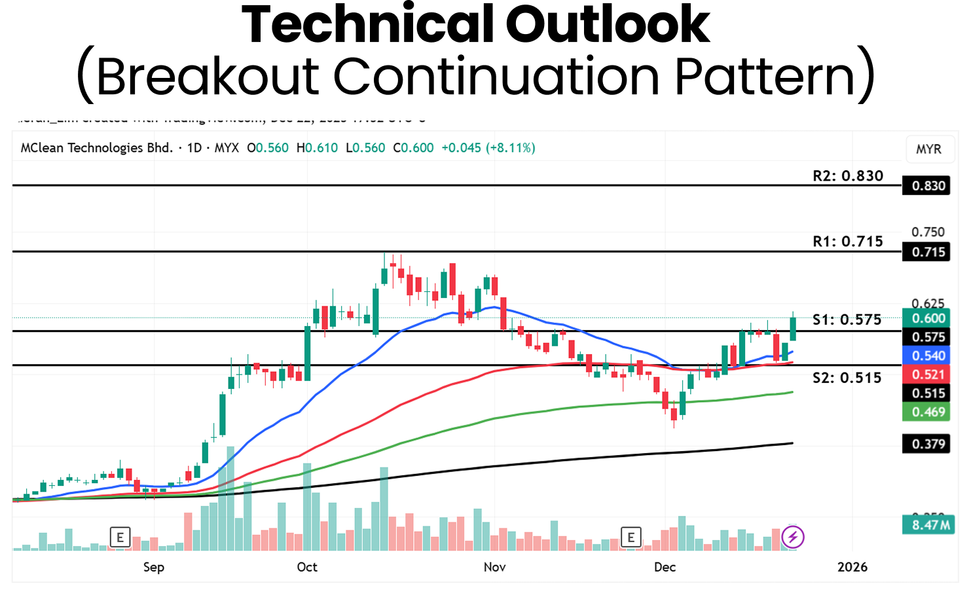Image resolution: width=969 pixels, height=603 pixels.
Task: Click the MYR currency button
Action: tap(928, 149)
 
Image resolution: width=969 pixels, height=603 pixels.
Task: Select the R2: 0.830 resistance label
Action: tap(848, 175)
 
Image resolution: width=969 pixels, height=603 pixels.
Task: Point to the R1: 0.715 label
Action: tap(848, 241)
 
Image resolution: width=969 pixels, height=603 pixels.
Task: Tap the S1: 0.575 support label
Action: tap(847, 320)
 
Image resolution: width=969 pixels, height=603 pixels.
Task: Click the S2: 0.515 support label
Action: tap(847, 377)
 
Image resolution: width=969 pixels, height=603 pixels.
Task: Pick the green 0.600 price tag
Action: tap(928, 318)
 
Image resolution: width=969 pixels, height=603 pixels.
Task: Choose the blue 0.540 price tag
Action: tap(928, 356)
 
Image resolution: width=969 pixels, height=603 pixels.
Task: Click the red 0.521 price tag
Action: tap(928, 375)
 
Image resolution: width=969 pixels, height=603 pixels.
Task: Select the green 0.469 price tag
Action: tap(928, 412)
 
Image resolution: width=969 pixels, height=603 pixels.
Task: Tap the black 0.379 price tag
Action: tap(928, 444)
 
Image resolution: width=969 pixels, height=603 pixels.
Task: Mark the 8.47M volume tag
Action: tap(928, 525)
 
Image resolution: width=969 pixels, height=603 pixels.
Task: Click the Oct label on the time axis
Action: tap(307, 567)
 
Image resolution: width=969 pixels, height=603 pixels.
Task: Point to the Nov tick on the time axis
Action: tap(494, 567)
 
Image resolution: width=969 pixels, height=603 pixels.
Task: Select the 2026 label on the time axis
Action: tap(852, 567)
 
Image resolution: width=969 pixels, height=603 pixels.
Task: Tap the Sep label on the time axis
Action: tap(154, 567)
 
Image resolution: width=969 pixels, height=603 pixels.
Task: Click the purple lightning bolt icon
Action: tap(793, 538)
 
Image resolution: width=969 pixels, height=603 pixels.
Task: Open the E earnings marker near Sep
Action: tap(120, 538)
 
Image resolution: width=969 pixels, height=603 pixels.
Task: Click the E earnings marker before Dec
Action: tap(631, 538)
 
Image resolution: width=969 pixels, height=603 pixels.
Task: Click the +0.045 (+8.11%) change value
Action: tap(488, 148)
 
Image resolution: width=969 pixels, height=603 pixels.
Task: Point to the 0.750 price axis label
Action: tap(928, 232)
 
